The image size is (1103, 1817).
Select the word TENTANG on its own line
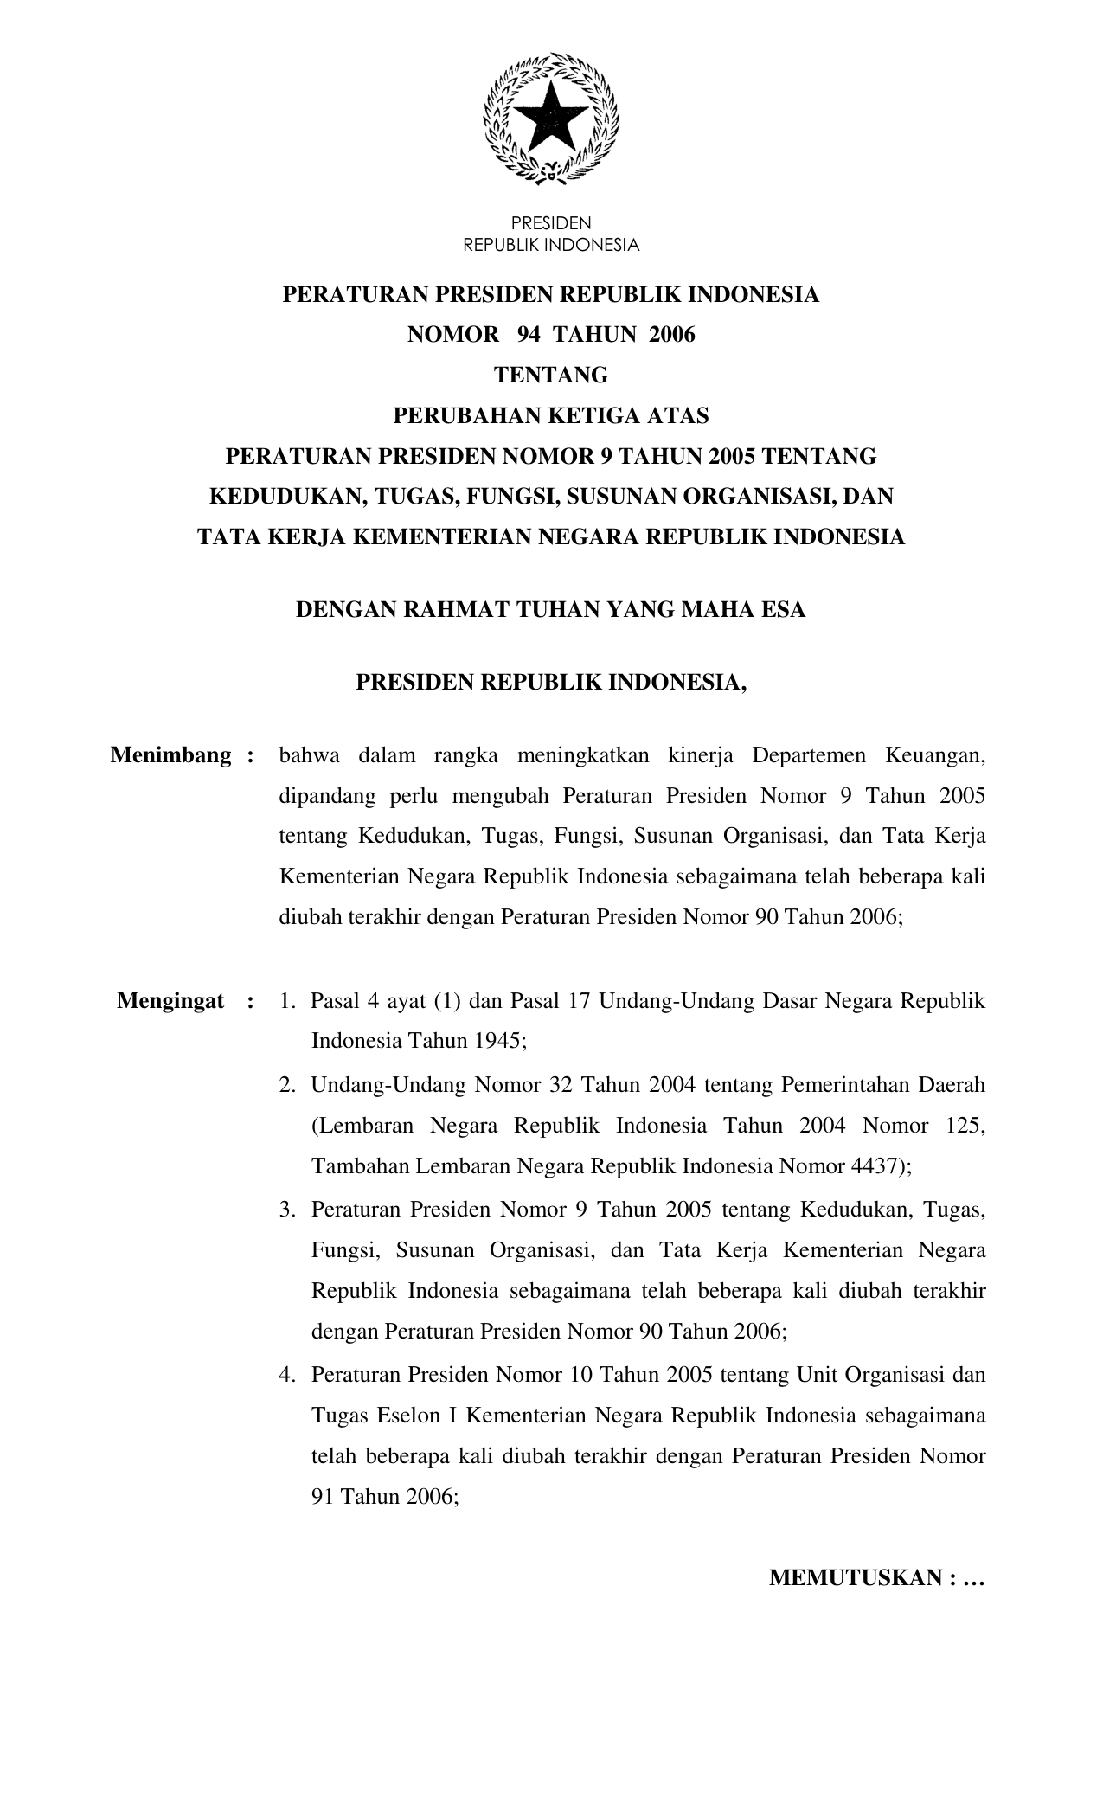tap(551, 376)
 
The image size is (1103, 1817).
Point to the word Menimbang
tap(171, 755)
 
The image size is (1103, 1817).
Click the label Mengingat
tap(171, 1001)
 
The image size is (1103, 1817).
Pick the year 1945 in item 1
tap(498, 1040)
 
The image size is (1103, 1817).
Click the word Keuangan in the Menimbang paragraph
tap(935, 755)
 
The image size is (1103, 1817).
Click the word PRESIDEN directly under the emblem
tap(551, 223)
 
